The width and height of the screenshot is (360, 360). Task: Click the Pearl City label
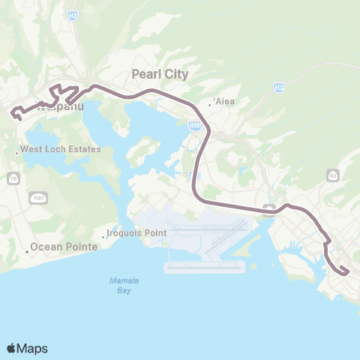coord(160,74)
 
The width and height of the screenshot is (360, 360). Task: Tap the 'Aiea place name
coord(225,101)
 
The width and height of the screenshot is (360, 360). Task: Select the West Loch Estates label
coord(61,150)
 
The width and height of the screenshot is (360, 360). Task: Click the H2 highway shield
coord(73,55)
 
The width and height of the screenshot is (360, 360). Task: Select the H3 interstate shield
coord(279,88)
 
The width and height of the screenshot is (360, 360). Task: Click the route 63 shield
coord(332,175)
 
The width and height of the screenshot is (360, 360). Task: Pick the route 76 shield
coord(14,178)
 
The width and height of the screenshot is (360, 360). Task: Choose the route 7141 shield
coord(36,196)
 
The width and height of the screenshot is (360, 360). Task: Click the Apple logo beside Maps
coord(12,348)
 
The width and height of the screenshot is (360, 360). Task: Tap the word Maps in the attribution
coord(33,348)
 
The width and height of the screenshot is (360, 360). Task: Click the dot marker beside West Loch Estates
coord(16,154)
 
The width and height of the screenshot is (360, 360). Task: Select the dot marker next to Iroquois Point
coord(107,233)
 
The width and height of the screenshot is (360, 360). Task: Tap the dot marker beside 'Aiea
coord(210,104)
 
